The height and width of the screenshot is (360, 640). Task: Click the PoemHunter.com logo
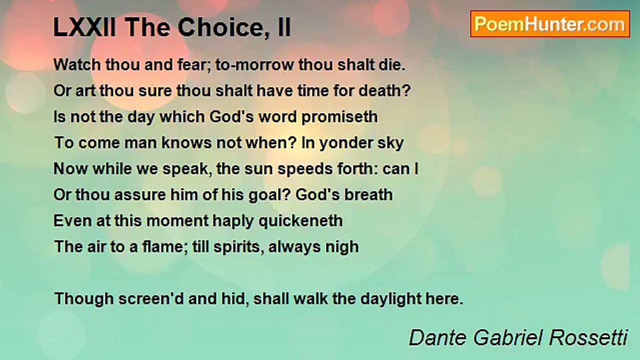click(x=550, y=24)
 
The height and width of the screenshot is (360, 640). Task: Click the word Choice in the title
click(x=219, y=27)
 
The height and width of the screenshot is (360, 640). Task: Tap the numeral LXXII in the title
click(x=85, y=27)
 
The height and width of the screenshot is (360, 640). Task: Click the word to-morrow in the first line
click(x=254, y=65)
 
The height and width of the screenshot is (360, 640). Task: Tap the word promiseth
click(x=339, y=117)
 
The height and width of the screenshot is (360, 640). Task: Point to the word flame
click(x=160, y=247)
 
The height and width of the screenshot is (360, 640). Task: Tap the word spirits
click(x=236, y=247)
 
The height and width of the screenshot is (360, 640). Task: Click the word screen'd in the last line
click(x=150, y=299)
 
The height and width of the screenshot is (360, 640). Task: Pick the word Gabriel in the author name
click(x=507, y=337)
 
